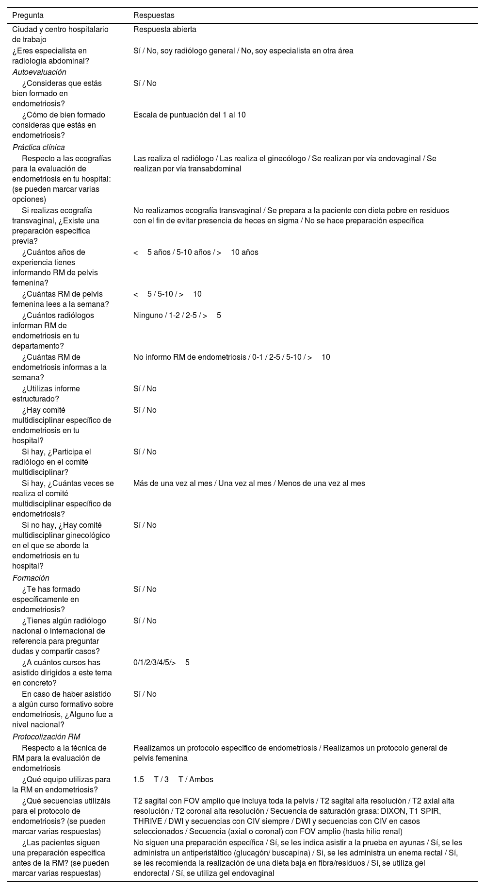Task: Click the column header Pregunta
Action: [28, 16]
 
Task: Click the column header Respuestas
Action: [154, 16]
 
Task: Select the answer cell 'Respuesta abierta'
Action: [165, 29]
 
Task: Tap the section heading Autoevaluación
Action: [39, 72]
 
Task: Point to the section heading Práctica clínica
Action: [38, 147]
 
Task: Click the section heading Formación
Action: [31, 578]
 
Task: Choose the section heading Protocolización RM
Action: [46, 737]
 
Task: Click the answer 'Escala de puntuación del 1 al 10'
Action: [189, 115]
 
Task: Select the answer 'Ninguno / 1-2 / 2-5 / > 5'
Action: [177, 315]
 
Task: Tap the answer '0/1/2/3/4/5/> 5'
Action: [161, 662]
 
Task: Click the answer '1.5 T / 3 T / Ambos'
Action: [173, 779]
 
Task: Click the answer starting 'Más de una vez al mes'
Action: [249, 483]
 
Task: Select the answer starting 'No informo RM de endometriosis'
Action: [231, 357]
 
